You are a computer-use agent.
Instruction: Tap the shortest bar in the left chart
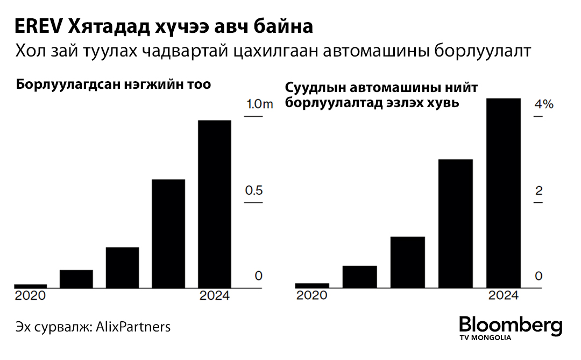pyautogui.click(x=30, y=286)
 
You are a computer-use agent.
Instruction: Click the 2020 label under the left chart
pyautogui.click(x=30, y=296)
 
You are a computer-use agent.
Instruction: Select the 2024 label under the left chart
pyautogui.click(x=214, y=296)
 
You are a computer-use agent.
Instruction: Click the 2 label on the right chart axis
pyautogui.click(x=539, y=191)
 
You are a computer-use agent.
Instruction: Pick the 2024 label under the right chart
pyautogui.click(x=503, y=296)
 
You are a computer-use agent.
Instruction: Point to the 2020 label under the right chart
pyautogui.click(x=312, y=296)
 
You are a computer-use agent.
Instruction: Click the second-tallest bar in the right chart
pyautogui.click(x=456, y=223)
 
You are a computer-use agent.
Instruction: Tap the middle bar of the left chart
pyautogui.click(x=123, y=267)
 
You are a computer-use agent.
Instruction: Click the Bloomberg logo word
pyautogui.click(x=511, y=326)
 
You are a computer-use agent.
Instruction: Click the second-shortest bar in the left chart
pyautogui.click(x=76, y=278)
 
